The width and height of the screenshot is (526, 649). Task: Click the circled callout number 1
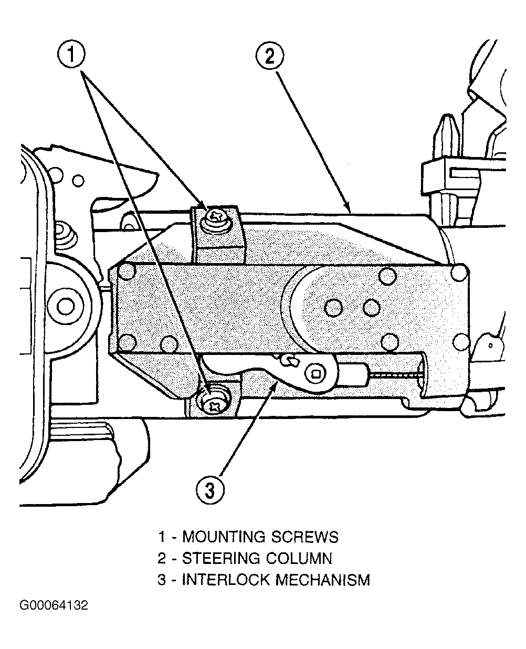click(71, 54)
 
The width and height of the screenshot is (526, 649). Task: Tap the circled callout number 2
click(270, 56)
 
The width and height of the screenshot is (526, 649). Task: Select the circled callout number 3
click(210, 490)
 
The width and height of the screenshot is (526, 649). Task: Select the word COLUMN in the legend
click(299, 567)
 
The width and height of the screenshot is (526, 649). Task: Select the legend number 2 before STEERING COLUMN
click(162, 567)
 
